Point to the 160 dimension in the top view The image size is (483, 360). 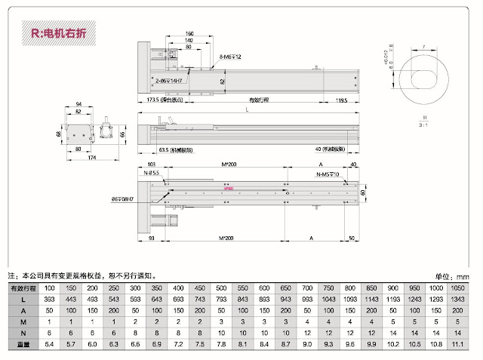click(189, 34)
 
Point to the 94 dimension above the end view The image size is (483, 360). click(78, 104)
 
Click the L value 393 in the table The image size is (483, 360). click(49, 300)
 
